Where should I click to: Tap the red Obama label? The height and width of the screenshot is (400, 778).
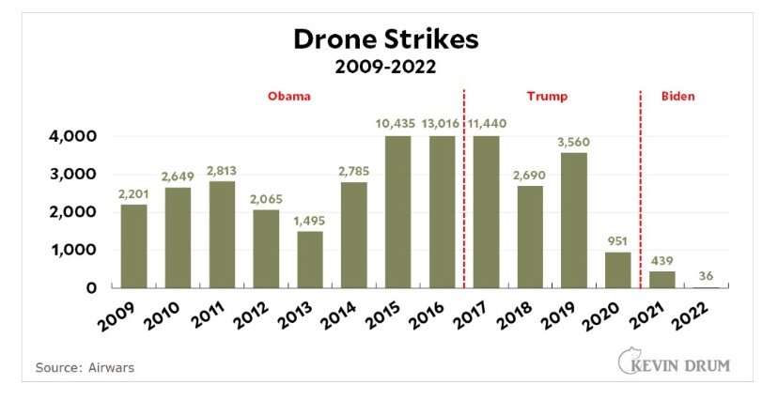coord(289,96)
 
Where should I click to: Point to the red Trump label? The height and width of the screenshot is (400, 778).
coord(551,96)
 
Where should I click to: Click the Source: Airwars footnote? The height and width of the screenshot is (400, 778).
coord(85,367)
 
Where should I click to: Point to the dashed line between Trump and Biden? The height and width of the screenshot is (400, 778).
coord(640,188)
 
